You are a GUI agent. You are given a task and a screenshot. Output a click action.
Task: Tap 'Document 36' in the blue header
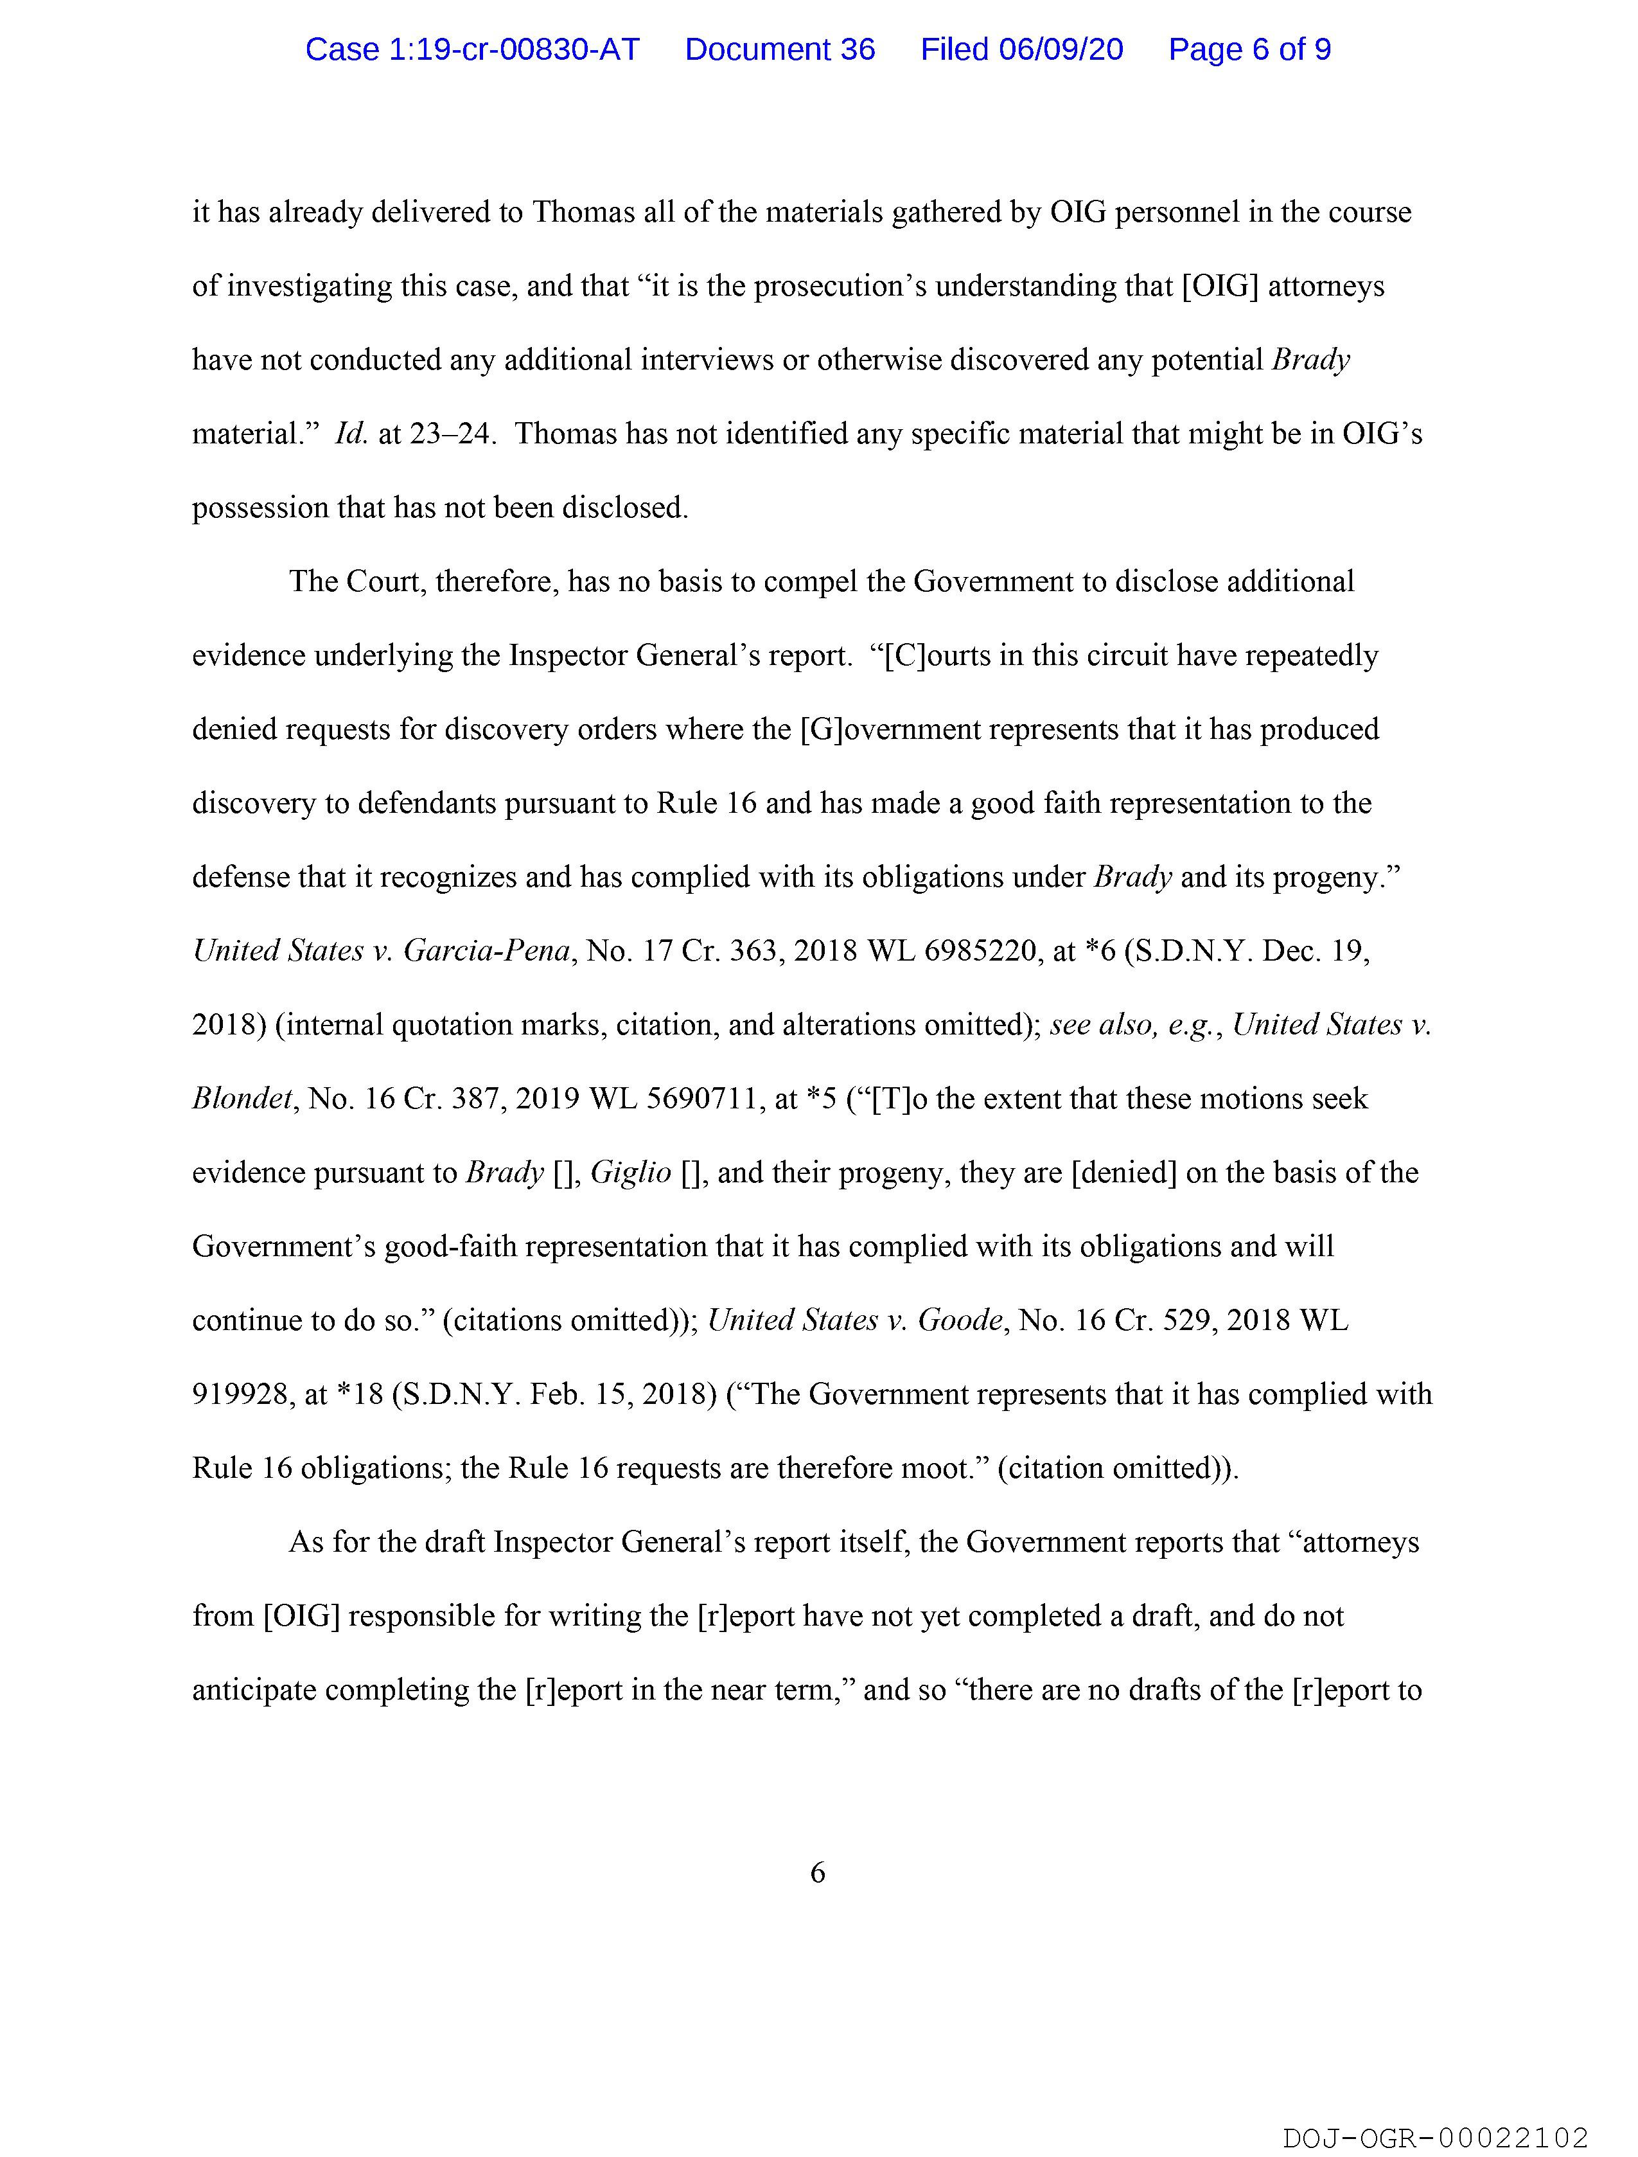780,49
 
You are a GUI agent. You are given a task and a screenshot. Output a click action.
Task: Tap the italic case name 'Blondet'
242,1099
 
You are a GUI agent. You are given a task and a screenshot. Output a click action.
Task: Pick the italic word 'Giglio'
631,1173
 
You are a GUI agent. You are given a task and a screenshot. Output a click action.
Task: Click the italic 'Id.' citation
351,434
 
